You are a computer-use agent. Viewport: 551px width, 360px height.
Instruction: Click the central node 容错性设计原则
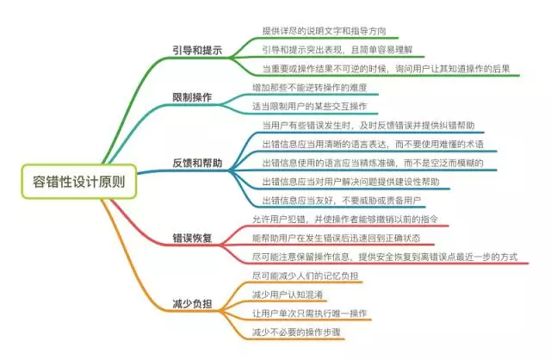point(78,182)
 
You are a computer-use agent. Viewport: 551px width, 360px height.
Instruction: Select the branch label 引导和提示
point(197,50)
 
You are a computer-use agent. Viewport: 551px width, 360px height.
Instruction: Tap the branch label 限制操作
point(192,97)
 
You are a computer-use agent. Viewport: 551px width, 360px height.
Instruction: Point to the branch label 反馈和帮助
point(197,163)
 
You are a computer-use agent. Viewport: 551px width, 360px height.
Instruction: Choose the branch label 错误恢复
point(192,238)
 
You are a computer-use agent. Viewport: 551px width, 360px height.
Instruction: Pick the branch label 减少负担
point(192,304)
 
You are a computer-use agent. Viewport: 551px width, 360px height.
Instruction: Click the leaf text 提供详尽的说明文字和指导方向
point(324,31)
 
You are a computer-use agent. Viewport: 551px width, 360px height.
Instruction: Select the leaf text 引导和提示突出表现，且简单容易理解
point(337,50)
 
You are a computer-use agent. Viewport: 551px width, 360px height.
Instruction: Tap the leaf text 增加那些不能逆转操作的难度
point(310,87)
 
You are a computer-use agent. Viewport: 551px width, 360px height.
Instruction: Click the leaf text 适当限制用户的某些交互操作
point(310,106)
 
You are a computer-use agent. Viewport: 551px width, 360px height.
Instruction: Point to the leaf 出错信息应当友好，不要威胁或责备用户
point(342,201)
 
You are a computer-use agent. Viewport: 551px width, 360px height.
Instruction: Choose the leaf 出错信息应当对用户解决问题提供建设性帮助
point(350,182)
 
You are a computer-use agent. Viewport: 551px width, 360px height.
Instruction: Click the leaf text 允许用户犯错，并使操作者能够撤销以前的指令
point(345,219)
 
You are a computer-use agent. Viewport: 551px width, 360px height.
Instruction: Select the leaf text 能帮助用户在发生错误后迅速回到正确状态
point(336,238)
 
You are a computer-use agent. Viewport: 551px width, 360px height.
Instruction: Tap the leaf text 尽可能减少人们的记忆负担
point(305,276)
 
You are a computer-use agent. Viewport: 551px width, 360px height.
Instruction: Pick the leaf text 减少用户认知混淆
point(288,295)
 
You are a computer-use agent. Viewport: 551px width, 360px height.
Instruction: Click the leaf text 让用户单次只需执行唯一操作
point(310,313)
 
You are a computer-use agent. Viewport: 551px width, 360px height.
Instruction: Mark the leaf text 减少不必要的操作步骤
point(296,332)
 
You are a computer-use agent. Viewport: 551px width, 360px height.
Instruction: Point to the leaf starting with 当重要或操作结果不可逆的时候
point(386,69)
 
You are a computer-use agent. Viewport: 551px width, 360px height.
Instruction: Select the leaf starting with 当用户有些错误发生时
point(368,125)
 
